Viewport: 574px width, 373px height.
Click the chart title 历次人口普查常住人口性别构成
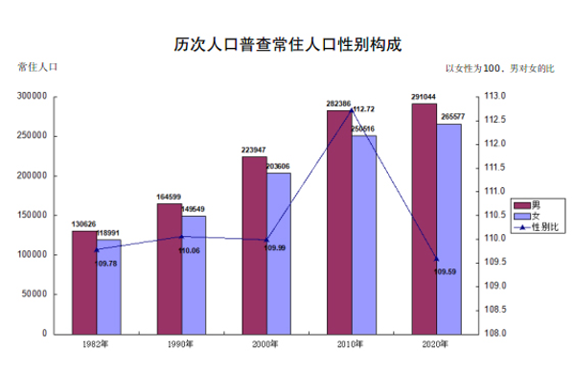(x=287, y=44)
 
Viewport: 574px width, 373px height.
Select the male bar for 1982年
(x=83, y=282)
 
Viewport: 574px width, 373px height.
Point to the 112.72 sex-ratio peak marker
(x=352, y=110)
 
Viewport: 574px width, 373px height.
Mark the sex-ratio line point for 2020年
(x=437, y=259)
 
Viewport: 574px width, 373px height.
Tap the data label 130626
(x=84, y=224)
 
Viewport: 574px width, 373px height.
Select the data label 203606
(x=278, y=167)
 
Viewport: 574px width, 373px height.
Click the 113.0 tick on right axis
(x=494, y=97)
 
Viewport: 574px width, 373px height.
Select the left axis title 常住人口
(x=37, y=67)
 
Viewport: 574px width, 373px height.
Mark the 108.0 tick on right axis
(x=494, y=334)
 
